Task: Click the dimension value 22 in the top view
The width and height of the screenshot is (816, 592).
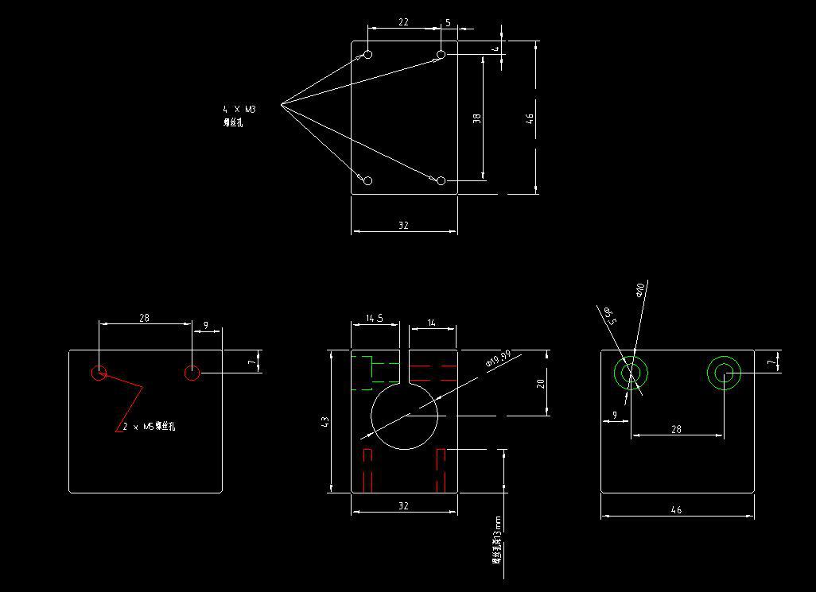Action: click(403, 22)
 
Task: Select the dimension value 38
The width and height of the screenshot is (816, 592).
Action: click(476, 118)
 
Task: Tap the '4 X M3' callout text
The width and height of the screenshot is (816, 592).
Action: click(239, 109)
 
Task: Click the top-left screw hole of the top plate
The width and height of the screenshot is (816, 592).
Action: click(368, 54)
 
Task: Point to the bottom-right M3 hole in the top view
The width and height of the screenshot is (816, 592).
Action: click(441, 181)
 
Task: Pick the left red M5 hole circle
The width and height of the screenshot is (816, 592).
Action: click(99, 373)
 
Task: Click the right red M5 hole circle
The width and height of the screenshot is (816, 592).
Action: click(192, 373)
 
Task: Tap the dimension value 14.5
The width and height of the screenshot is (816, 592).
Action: click(375, 319)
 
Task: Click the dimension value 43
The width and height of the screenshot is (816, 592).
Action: click(324, 422)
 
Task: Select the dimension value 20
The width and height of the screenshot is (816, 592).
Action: click(541, 383)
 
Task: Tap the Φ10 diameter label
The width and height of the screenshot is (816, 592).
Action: click(642, 289)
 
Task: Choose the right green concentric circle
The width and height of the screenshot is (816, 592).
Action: click(724, 373)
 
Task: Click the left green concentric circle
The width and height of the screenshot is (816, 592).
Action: click(631, 373)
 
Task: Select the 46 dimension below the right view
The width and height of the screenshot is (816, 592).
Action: click(677, 510)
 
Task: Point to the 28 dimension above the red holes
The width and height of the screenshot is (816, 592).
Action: click(144, 318)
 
